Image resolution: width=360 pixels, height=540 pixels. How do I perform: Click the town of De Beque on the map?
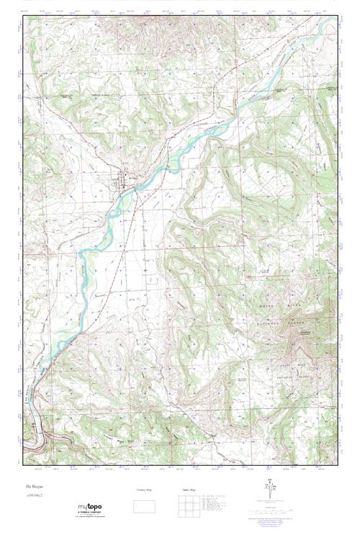click(x=122, y=184)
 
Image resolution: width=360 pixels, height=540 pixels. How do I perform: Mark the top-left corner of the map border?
click(x=22, y=17)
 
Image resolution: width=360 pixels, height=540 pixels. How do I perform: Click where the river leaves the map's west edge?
click(x=23, y=432)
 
